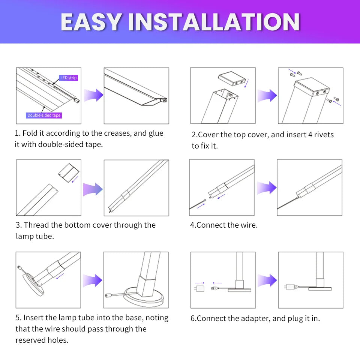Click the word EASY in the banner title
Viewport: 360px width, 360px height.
[92, 22]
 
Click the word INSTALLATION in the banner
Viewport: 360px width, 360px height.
[214, 22]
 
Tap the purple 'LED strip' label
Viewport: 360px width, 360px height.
[68, 78]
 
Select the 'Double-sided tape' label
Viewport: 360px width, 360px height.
[44, 115]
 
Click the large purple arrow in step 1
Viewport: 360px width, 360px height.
[93, 95]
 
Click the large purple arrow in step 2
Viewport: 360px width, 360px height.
[267, 95]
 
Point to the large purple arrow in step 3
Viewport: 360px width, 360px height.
[93, 189]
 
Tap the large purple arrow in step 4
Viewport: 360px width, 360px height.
[266, 187]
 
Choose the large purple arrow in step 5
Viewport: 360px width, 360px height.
[92, 280]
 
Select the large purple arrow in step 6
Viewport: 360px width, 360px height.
[267, 280]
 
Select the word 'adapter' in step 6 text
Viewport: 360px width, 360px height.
[256, 319]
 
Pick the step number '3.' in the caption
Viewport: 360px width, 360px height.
[19, 225]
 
